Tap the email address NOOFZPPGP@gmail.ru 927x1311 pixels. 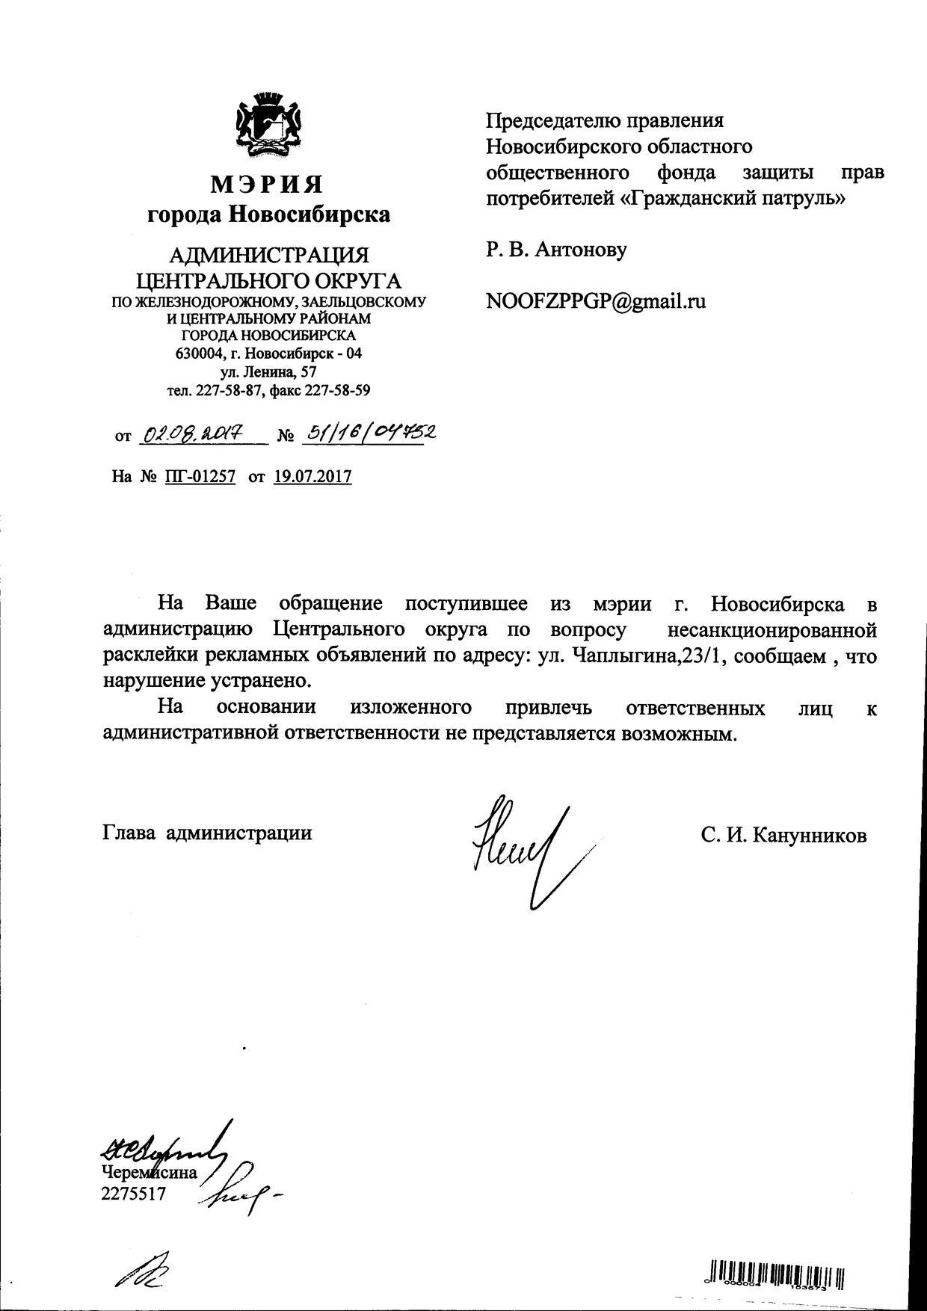coord(596,301)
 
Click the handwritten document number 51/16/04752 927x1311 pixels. coord(367,432)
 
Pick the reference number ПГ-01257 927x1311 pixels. coord(199,476)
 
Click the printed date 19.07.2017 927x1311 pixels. coord(312,476)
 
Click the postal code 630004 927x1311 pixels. coord(199,354)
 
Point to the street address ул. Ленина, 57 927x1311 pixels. coord(268,371)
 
